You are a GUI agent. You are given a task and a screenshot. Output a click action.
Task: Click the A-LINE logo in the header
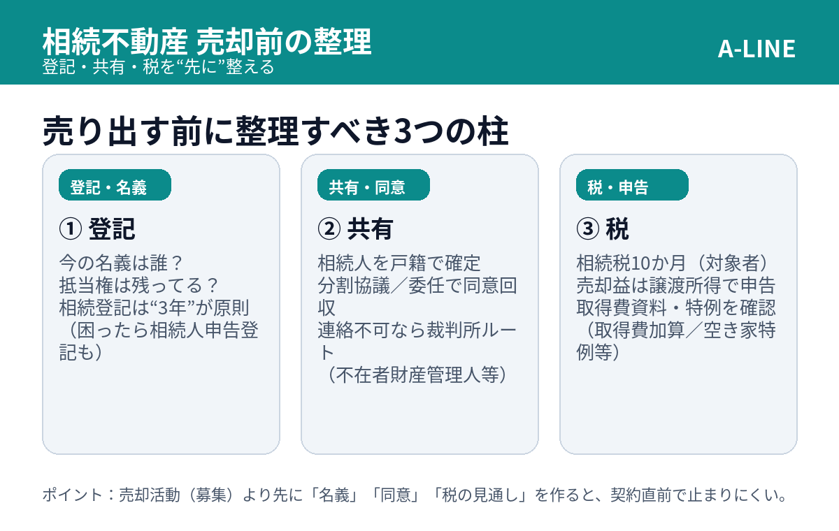coord(756,49)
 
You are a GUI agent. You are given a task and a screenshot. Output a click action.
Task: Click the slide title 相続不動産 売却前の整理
coord(207,41)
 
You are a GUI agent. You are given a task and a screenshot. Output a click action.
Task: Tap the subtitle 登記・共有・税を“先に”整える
coord(158,67)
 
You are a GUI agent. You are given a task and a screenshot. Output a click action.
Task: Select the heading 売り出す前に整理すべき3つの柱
coord(275,131)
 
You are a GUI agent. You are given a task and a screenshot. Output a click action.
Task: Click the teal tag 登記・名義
coord(115,185)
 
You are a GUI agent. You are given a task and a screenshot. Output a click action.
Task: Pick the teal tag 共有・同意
coord(373,185)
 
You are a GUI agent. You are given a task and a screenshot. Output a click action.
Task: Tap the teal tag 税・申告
coord(632,185)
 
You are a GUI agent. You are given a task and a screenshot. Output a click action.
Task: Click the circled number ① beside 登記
coord(71,228)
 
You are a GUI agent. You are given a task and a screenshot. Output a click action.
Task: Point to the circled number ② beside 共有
coord(329,228)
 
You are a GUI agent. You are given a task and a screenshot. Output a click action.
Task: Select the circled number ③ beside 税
coord(588,228)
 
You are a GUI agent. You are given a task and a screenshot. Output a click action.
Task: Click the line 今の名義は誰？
coord(120,263)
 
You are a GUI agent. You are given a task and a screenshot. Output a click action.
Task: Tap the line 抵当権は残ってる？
coord(138,286)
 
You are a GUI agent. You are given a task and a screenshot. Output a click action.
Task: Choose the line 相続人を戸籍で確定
coord(399,263)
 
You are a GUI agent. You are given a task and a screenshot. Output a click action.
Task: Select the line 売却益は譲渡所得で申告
coord(675,286)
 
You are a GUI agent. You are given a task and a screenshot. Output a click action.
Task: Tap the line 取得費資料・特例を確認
coord(675,308)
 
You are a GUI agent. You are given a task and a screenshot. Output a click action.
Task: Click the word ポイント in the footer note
coord(72,495)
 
